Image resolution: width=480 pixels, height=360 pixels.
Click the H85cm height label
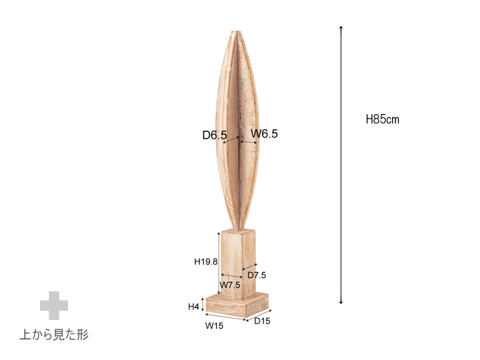382,120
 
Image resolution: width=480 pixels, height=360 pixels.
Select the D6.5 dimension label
214,135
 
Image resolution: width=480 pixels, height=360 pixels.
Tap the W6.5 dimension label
264,134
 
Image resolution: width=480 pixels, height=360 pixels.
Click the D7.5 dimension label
257,275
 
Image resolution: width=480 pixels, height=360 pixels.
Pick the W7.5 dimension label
230,285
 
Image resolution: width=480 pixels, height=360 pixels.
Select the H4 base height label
194,307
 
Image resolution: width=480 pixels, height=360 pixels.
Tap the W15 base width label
213,326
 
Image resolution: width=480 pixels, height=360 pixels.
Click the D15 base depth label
263,321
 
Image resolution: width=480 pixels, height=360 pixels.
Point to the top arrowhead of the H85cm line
341,28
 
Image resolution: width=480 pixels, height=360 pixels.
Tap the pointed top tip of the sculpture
237,31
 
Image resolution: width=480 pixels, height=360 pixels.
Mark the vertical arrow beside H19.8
219,261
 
